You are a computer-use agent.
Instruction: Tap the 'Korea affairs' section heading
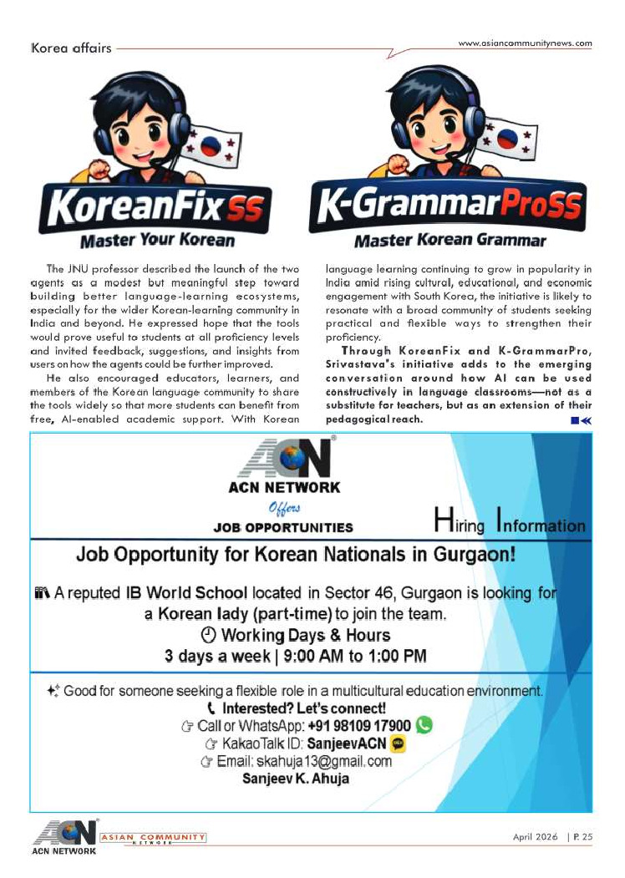pos(70,48)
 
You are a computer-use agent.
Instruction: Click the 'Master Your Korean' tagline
pos(157,241)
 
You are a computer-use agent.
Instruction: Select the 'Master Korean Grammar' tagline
pos(450,241)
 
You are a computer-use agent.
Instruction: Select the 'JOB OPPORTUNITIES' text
pos(283,528)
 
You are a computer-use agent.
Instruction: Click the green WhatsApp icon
pos(424,725)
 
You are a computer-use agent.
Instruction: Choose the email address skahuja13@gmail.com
pos(328,761)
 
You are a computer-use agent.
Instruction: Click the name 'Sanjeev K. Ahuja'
pos(296,779)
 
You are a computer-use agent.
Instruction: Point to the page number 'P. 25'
pos(582,836)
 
